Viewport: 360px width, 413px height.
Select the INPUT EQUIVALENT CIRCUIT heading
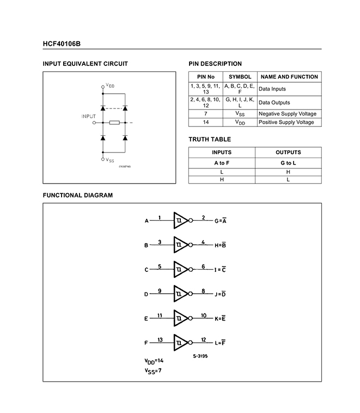click(86, 64)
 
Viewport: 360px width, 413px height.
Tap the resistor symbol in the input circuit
click(114, 123)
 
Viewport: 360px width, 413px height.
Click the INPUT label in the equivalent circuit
click(88, 116)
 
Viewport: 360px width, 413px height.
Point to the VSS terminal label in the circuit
click(110, 160)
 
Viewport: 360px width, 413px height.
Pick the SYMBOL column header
click(240, 77)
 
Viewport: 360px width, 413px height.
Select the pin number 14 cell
click(205, 122)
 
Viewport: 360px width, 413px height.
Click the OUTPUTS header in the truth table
click(288, 153)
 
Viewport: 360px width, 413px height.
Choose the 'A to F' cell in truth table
click(222, 163)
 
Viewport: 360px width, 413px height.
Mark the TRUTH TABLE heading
click(210, 139)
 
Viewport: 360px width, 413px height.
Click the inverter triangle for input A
click(180, 221)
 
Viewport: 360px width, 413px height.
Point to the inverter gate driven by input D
click(180, 294)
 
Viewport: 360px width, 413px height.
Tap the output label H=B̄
click(221, 245)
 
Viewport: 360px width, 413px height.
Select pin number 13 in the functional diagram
click(160, 339)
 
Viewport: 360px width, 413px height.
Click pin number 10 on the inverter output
click(203, 315)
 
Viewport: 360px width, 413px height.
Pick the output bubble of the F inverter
click(191, 343)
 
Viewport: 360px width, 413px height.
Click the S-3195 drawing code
click(200, 356)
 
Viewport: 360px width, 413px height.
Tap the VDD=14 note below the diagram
click(154, 361)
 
